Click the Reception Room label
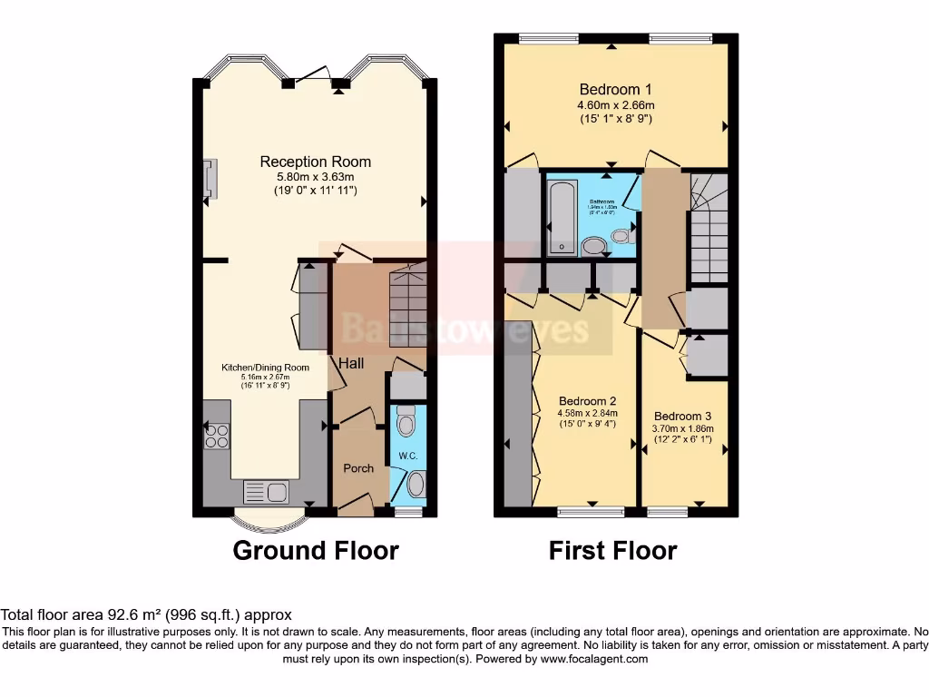[315, 162]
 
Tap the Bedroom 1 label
[615, 89]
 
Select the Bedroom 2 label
[587, 401]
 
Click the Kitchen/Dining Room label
[266, 368]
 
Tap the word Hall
[352, 363]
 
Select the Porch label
[358, 468]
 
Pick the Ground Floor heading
[316, 550]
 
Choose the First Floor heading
[612, 550]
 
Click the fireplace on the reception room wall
[210, 178]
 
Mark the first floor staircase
[709, 227]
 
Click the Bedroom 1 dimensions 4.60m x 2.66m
[615, 104]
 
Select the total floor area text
[146, 614]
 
